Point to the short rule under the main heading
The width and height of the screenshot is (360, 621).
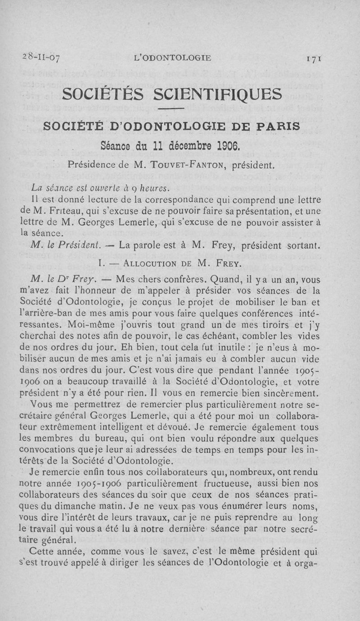(171, 109)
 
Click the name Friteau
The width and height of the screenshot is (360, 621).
(58, 210)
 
